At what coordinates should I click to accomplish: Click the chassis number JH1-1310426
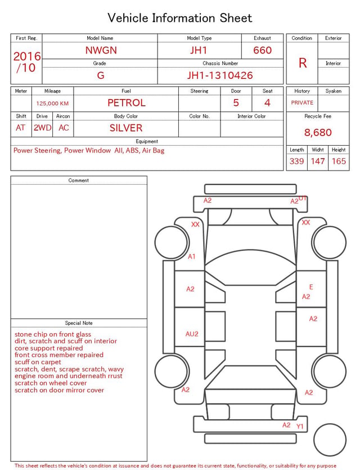tap(220, 75)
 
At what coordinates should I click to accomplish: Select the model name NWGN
tap(101, 50)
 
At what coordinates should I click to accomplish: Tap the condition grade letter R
tap(303, 63)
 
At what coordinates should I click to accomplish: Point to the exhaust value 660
tap(262, 50)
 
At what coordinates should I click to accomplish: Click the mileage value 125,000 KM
tap(52, 104)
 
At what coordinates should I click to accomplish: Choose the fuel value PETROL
tap(127, 103)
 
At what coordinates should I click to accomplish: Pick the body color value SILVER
tap(126, 128)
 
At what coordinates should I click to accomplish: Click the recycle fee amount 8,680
tap(318, 132)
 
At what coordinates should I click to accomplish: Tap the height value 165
tap(339, 161)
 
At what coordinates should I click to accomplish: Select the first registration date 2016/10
tap(26, 62)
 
